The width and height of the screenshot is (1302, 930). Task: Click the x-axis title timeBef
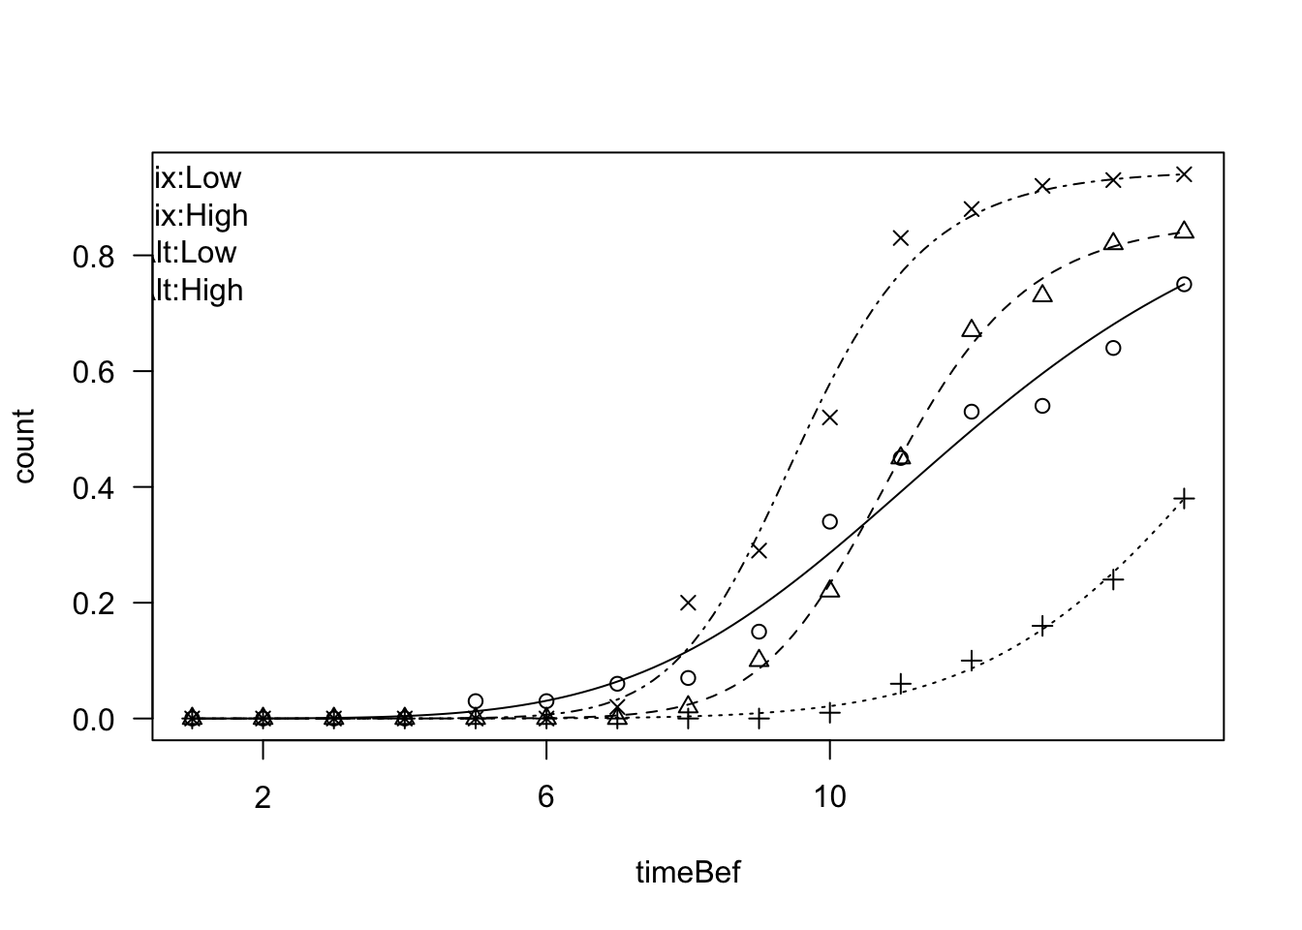[688, 873]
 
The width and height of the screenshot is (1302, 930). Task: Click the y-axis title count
[24, 446]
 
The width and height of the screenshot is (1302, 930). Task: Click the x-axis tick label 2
[263, 797]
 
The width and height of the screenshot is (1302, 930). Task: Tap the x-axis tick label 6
[546, 797]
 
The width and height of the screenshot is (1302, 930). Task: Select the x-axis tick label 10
[829, 797]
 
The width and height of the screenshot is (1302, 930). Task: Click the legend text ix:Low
[198, 178]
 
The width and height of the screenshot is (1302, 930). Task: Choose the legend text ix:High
[201, 215]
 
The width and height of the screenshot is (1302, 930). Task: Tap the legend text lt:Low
[196, 253]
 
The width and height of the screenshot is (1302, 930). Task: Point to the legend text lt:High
[199, 291]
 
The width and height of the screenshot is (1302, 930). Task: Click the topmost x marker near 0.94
[1184, 174]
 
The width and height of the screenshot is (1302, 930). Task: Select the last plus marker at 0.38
[1184, 499]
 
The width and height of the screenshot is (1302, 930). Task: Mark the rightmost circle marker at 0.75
[1184, 284]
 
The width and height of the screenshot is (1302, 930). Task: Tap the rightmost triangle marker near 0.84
[1184, 231]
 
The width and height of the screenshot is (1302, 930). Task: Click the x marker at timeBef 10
[829, 418]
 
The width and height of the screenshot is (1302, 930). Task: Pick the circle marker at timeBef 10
[829, 521]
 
